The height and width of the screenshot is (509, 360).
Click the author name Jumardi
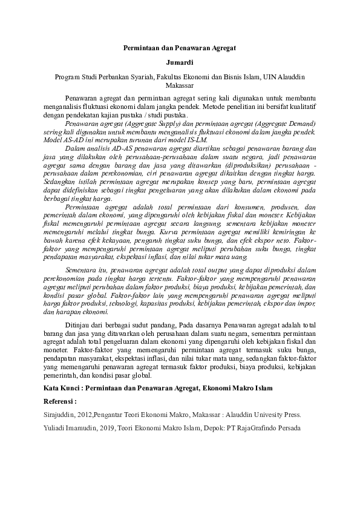(179, 62)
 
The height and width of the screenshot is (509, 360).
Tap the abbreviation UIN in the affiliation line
(270, 77)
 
